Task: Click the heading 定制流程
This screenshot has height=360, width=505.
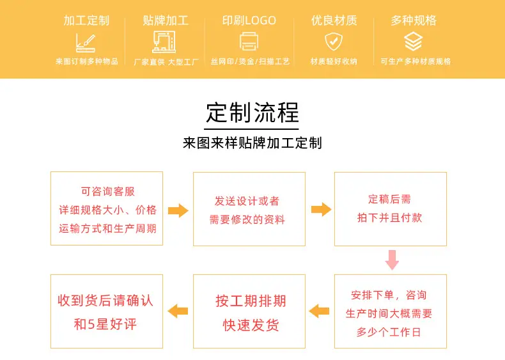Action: [x=252, y=113]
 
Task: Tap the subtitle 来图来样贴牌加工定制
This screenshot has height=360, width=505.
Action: [x=252, y=143]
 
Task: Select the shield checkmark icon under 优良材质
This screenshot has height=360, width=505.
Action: [x=334, y=42]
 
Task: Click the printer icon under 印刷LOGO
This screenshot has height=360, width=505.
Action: [x=249, y=42]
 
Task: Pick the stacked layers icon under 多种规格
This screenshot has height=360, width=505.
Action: [x=413, y=42]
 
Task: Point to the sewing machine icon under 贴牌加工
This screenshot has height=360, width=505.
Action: [x=164, y=42]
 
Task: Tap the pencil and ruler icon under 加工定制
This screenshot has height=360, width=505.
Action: [x=86, y=43]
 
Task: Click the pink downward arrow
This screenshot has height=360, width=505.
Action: [x=392, y=260]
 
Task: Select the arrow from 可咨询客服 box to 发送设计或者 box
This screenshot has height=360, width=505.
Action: [x=178, y=211]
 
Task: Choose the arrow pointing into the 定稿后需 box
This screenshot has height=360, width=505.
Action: [x=321, y=210]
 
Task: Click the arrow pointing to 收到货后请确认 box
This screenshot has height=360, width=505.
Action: [x=178, y=311]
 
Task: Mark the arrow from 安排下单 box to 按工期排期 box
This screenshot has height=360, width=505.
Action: [x=319, y=311]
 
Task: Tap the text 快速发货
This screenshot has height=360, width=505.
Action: [x=251, y=325]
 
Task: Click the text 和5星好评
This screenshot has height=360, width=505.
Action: [x=105, y=324]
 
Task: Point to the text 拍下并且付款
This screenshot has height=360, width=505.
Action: [x=390, y=218]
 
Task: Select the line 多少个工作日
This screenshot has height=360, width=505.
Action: [x=389, y=332]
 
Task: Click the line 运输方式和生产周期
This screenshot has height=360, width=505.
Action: [x=107, y=228]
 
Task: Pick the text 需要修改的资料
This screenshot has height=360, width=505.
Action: [x=247, y=219]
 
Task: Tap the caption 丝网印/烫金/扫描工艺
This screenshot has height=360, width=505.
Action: [x=250, y=61]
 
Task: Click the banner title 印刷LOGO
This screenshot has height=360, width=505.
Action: [x=249, y=20]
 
